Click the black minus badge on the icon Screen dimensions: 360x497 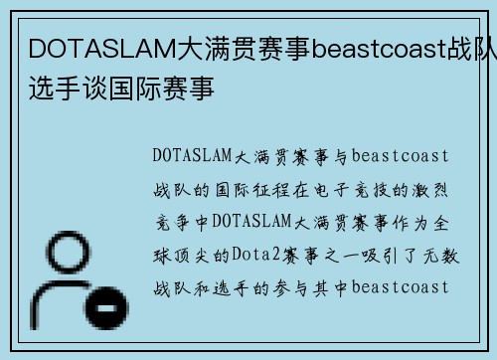click(x=103, y=311)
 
